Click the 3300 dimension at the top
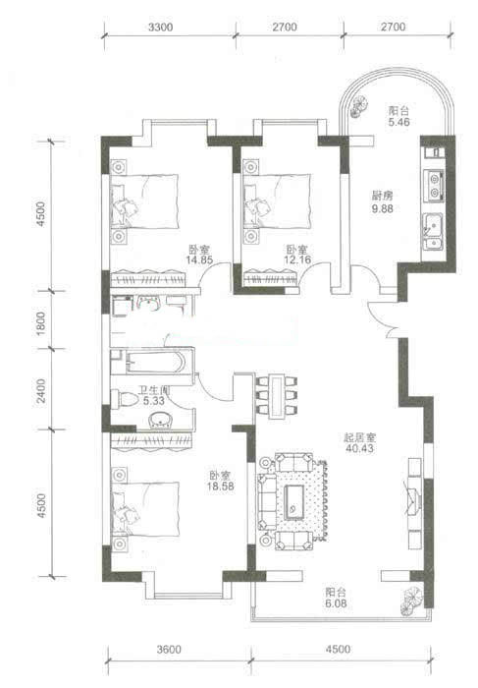(160, 28)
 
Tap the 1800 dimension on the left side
(41, 323)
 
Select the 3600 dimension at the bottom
(169, 649)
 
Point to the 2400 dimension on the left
(41, 390)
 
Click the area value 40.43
(359, 448)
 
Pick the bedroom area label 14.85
(199, 259)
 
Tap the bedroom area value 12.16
(297, 259)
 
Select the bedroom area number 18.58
(221, 487)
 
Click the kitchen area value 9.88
(383, 208)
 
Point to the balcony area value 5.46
(398, 122)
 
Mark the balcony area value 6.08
(336, 603)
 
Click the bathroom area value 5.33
(154, 401)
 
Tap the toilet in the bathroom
(125, 399)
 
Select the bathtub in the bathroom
(152, 362)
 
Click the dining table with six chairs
(277, 396)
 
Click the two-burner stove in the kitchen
(434, 186)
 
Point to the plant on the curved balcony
(357, 106)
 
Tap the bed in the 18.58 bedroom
(145, 509)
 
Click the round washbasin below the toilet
(161, 421)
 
